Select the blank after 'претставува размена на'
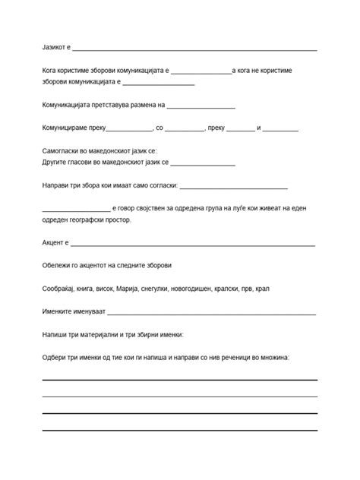coord(201,107)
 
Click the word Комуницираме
coord(66,128)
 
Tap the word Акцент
coord(53,243)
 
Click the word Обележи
coord(58,266)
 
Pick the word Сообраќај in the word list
coord(61,289)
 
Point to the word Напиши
coord(55,334)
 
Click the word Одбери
coord(55,357)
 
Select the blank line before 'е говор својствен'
coord(76,210)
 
